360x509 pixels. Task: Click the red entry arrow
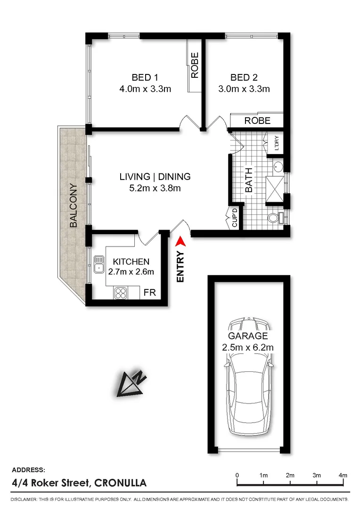pyautogui.click(x=180, y=242)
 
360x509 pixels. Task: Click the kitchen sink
pyautogui.click(x=98, y=264)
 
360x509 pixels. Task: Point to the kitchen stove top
pyautogui.click(x=121, y=293)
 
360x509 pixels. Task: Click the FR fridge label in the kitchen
pyautogui.click(x=150, y=293)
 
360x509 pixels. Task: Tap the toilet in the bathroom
pyautogui.click(x=275, y=217)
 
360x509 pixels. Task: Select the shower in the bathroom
pyautogui.click(x=275, y=190)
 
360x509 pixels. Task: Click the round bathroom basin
pyautogui.click(x=278, y=167)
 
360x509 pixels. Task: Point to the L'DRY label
pyautogui.click(x=277, y=143)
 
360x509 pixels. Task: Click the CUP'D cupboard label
pyautogui.click(x=235, y=217)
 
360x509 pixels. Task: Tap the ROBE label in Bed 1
pyautogui.click(x=195, y=65)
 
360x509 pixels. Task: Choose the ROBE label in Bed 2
pyautogui.click(x=257, y=121)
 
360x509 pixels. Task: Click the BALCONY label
pyautogui.click(x=74, y=205)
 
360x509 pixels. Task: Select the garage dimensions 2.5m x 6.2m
pyautogui.click(x=248, y=347)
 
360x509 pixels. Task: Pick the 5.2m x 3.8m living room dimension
pyautogui.click(x=155, y=188)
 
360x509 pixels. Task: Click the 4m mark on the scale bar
pyautogui.click(x=343, y=475)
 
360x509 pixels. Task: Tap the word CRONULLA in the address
pyautogui.click(x=120, y=483)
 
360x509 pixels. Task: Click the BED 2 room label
pyautogui.click(x=244, y=78)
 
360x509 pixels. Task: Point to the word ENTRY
pyautogui.click(x=180, y=266)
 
